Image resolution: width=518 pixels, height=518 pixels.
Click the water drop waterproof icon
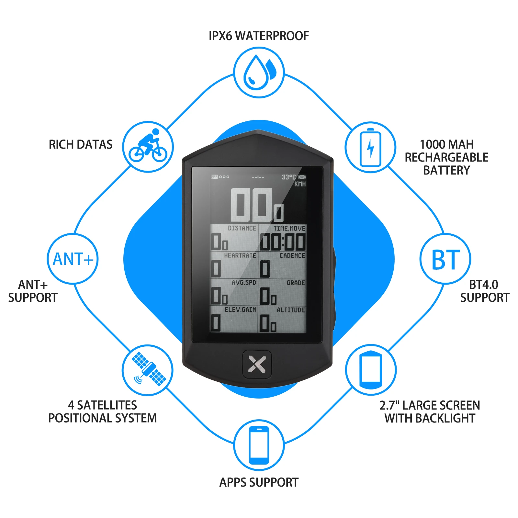259,73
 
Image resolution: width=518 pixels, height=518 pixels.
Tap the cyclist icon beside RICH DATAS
148,146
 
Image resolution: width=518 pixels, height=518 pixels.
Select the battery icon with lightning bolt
370,147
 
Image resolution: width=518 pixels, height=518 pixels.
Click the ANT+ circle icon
73,259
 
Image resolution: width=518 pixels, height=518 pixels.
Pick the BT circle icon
445,259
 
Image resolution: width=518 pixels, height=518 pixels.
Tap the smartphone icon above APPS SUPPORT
259,445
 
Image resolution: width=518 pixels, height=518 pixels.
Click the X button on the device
257,364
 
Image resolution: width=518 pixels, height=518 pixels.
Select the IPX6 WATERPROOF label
259,36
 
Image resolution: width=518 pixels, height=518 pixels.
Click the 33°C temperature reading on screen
288,177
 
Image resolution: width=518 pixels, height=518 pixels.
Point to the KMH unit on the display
300,184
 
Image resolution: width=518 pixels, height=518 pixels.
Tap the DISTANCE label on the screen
242,228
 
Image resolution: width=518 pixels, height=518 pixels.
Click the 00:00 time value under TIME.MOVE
283,242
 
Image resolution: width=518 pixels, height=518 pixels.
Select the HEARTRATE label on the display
240,255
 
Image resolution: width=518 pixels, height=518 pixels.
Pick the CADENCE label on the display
292,255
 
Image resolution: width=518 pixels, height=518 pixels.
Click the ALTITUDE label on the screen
291,310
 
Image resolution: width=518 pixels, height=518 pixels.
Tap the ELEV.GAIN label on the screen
240,310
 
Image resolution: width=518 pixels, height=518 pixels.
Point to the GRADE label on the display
296,283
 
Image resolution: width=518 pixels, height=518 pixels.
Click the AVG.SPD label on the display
244,283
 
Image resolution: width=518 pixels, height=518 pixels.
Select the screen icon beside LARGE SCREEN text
371,370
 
